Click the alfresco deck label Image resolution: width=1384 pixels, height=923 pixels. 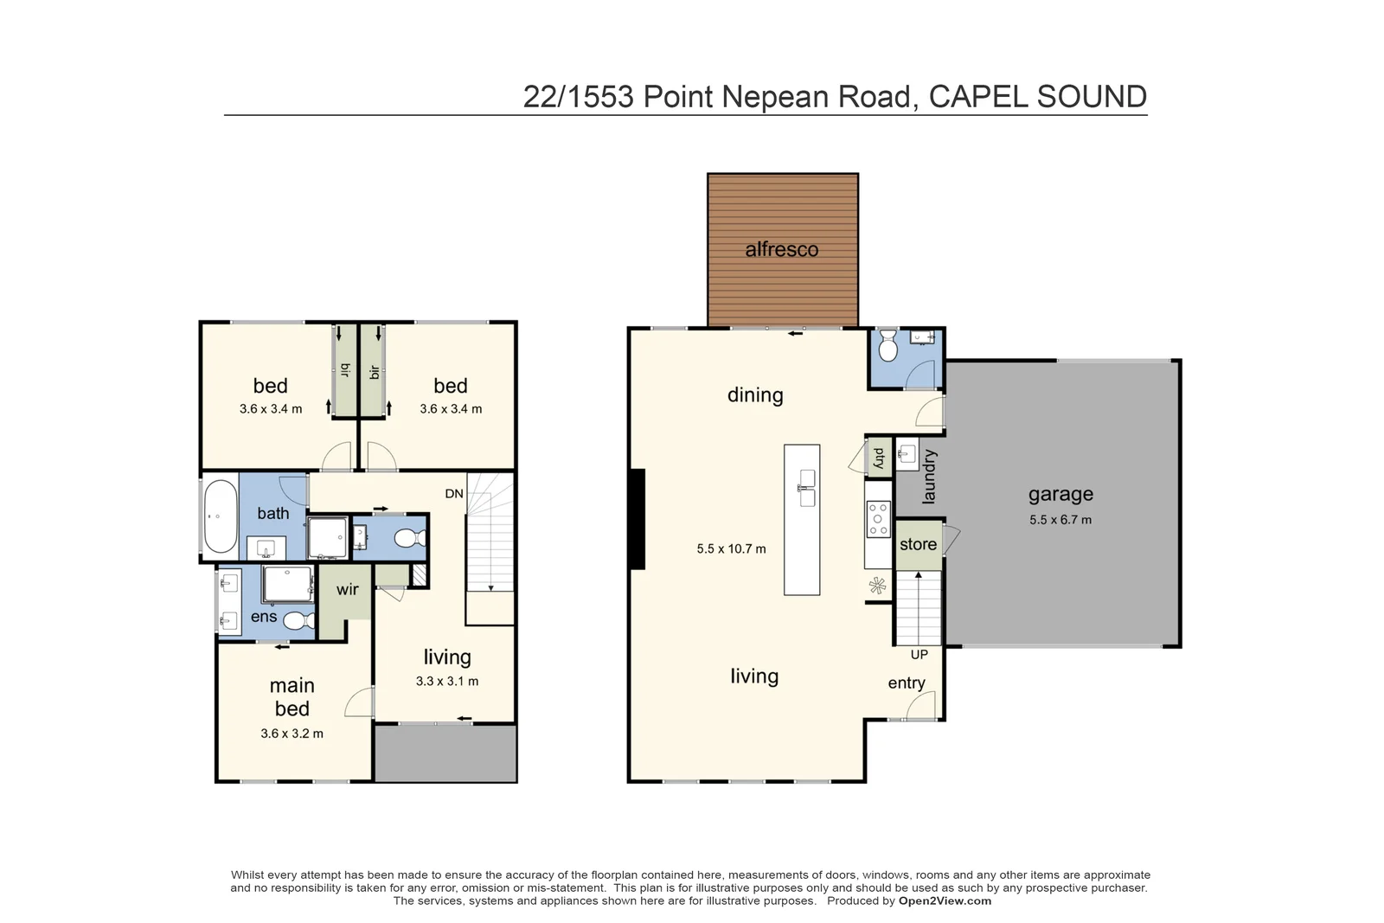tap(781, 250)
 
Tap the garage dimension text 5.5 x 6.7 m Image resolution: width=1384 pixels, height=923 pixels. tap(1060, 520)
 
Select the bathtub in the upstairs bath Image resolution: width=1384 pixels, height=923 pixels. tap(221, 516)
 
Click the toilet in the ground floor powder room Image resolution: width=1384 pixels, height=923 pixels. tap(887, 349)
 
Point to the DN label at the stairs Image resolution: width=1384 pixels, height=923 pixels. tap(454, 494)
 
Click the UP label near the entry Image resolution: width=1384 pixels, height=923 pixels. tap(919, 655)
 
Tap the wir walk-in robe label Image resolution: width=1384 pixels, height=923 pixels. tap(347, 590)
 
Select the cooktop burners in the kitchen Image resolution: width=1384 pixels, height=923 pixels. tap(878, 519)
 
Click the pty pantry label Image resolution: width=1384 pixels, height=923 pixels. tap(879, 457)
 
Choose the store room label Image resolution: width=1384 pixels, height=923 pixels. tap(918, 544)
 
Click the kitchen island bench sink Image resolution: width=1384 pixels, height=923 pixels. tap(805, 488)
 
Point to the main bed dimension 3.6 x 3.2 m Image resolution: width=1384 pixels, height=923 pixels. tap(292, 734)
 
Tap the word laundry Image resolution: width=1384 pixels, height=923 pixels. tap(929, 476)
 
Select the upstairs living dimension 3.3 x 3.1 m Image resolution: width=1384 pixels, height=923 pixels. tap(446, 682)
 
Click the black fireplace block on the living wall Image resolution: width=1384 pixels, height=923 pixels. tap(637, 519)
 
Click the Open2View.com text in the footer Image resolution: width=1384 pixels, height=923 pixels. tap(945, 901)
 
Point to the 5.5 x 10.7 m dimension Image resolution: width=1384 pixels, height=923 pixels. tap(731, 548)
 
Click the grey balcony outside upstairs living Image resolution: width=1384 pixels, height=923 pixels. tap(445, 753)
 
